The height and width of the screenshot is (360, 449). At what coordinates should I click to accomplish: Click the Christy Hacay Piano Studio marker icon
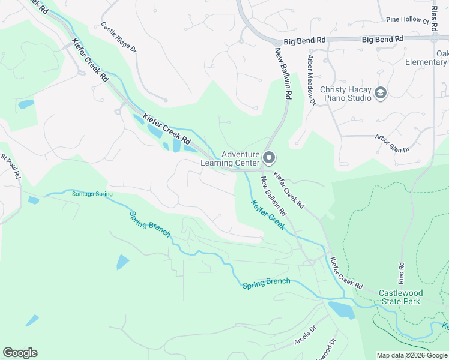tap(380, 92)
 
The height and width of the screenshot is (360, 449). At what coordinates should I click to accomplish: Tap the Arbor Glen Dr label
tap(392, 143)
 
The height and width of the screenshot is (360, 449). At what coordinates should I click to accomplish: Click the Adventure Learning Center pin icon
tap(269, 158)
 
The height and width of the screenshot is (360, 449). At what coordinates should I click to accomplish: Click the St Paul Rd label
tap(11, 168)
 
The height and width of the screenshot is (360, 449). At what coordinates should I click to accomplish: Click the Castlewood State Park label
tap(400, 297)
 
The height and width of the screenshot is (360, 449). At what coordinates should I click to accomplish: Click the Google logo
tap(20, 353)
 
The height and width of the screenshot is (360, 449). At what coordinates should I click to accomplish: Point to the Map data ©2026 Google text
tap(411, 355)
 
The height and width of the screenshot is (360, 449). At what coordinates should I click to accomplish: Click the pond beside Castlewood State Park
tap(341, 310)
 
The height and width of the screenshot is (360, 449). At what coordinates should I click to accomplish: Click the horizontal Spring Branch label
tap(266, 282)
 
